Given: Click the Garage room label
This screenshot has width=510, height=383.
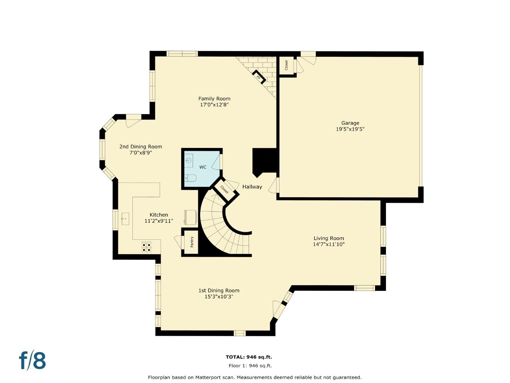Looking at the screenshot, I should (350, 123).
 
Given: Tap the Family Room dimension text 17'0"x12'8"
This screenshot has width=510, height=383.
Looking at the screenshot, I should (214, 105).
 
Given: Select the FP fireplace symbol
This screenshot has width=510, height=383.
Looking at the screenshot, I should (259, 77).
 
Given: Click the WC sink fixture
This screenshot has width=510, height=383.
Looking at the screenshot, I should (189, 161).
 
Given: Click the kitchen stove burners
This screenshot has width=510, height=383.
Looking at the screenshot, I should (147, 247).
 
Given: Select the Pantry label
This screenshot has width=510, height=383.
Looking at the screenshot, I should (192, 242).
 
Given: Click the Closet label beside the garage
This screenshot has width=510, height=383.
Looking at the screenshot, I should (287, 65).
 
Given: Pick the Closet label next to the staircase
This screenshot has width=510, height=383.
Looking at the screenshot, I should (225, 189).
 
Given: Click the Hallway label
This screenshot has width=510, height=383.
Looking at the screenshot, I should (252, 187).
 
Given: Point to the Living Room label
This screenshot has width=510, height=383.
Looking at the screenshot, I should (329, 238).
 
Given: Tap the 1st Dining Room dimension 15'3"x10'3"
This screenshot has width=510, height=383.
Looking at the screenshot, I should (219, 296).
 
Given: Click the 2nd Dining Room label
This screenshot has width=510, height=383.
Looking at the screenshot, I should (141, 146).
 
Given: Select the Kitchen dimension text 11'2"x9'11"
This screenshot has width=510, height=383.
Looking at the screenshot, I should (159, 221).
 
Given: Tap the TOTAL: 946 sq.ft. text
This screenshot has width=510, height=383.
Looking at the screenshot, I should (249, 357).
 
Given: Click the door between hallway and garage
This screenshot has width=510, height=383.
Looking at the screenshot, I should (274, 185).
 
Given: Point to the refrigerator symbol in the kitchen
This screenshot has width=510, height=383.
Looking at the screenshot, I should (190, 217).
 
